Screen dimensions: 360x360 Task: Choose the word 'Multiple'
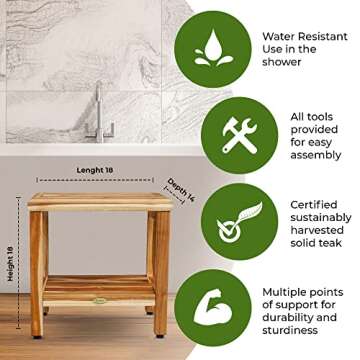(x=290, y=292)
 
